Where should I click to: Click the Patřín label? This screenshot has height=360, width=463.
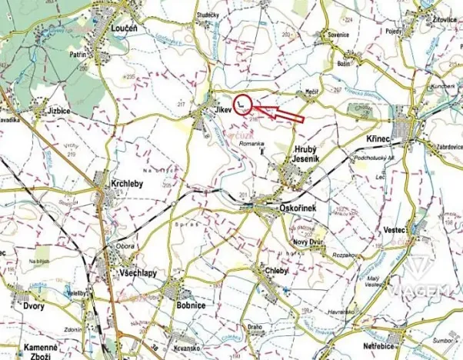click(x=78, y=55)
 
